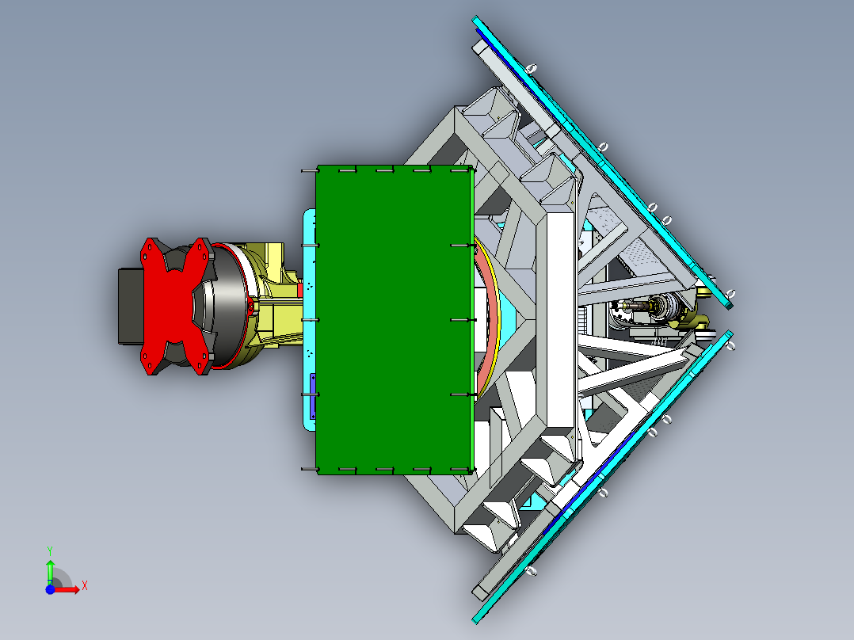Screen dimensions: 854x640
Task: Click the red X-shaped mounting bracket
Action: click(174, 306)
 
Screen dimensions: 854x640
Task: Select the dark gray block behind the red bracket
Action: click(130, 306)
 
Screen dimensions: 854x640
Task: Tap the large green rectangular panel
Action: click(393, 320)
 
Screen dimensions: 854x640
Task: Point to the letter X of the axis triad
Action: click(85, 586)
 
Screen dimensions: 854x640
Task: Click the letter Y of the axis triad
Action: click(50, 550)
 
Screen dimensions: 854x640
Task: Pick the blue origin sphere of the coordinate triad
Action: click(50, 589)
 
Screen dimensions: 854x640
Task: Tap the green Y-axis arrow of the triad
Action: click(50, 572)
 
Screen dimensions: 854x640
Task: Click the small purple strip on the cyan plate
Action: click(313, 397)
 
